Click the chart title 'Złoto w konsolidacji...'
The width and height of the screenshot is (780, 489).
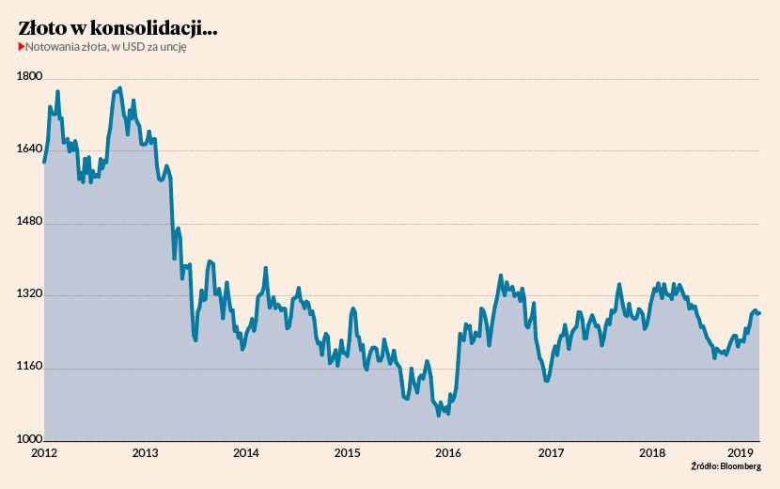pos(117,29)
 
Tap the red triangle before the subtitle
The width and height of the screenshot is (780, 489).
pos(21,47)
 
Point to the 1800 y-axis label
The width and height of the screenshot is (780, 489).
pos(30,77)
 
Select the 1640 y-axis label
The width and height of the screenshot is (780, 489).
pos(30,150)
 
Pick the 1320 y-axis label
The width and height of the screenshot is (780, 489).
pos(30,294)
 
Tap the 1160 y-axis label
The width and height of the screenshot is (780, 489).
pos(30,368)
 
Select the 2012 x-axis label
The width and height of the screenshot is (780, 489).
pos(44,452)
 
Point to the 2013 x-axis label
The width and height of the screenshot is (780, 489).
pos(145,452)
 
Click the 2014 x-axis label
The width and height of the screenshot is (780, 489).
pos(245,452)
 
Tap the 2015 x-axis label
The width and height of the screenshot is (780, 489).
pos(347,452)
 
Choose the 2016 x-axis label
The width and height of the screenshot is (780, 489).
pos(448,452)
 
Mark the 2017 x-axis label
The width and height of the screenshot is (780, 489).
pos(550,452)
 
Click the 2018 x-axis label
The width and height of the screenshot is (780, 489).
pos(651,452)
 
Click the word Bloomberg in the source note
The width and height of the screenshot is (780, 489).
pos(741,466)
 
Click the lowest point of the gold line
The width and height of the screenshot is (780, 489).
pos(439,414)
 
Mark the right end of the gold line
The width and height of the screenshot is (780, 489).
pos(759,313)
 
